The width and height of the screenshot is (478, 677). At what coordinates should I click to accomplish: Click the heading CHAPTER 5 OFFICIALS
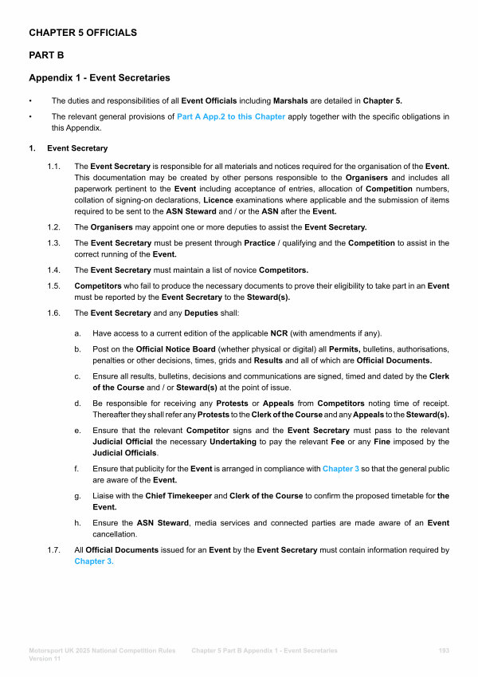83,33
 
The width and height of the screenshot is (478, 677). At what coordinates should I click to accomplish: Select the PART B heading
46,56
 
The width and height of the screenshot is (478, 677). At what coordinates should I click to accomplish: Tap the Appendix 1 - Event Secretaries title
99,78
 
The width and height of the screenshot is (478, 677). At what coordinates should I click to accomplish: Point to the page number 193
444,651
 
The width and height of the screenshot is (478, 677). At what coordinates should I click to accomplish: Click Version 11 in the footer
45,659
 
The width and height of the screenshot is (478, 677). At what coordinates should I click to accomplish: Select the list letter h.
76,523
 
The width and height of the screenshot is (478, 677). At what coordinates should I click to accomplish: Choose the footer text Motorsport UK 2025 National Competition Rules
102,651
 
